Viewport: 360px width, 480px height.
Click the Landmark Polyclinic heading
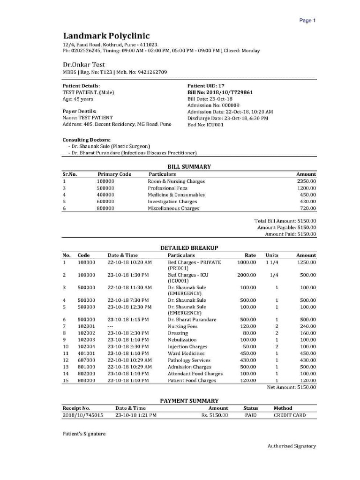coord(106,36)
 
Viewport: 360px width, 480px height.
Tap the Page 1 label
coord(307,21)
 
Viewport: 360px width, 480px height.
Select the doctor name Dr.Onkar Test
coord(84,64)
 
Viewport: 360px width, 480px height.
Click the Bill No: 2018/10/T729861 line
coord(220,92)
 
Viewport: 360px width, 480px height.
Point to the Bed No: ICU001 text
coord(205,125)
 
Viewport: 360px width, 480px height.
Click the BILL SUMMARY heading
coord(189,166)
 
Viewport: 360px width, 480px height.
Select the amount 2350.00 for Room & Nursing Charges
coord(306,181)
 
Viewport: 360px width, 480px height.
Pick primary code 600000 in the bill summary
coord(105,202)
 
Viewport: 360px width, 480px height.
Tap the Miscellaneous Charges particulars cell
coord(173,208)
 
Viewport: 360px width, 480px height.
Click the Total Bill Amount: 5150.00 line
coord(285,220)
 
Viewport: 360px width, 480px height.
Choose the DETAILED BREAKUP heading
coord(189,247)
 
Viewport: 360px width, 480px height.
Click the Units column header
coord(272,255)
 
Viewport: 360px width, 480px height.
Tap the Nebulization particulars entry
coord(182,339)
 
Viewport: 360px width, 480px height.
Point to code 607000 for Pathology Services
coord(86,360)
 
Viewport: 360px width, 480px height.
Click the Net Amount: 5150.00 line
coord(291,387)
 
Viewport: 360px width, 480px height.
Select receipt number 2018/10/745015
coord(82,415)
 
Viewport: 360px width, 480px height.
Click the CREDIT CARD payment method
coord(290,415)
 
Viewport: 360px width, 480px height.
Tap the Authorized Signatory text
coord(292,446)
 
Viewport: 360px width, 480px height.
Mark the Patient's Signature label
coord(84,434)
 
